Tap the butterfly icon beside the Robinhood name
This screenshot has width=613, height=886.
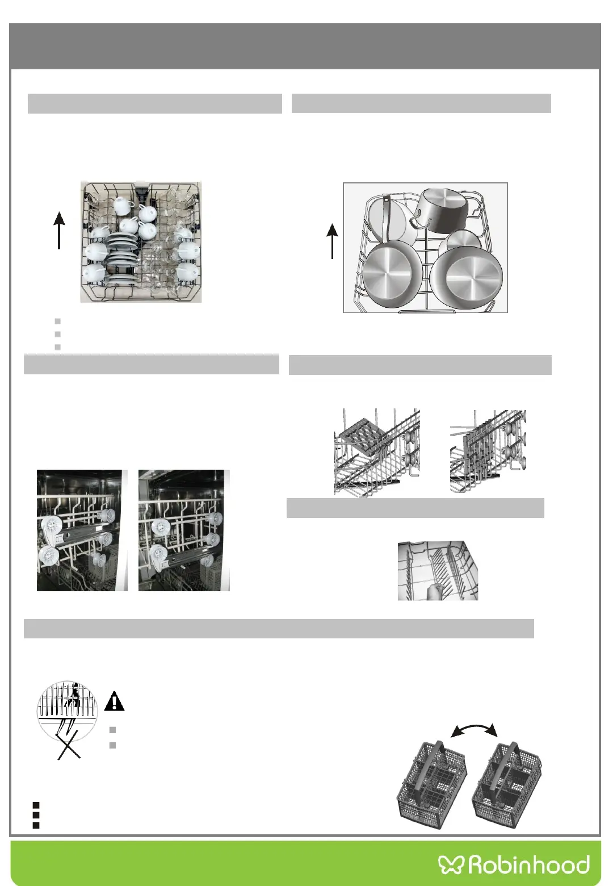pos(451,864)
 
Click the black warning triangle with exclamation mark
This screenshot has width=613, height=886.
pos(114,701)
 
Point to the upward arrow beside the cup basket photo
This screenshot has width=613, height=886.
pos(59,230)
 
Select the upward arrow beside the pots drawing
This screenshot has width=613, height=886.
pos(332,241)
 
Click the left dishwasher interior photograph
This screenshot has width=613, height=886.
pos(82,530)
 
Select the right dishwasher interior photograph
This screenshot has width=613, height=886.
pos(184,530)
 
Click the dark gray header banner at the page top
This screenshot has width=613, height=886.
pos(305,46)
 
